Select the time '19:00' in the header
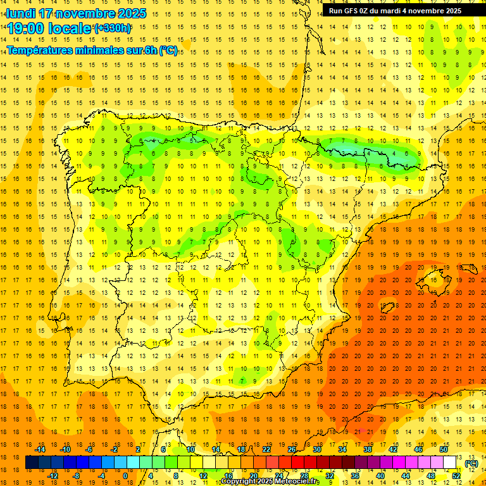click(x=25, y=28)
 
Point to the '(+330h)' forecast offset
click(x=113, y=28)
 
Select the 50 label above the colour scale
click(x=444, y=449)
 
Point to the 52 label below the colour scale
click(x=456, y=476)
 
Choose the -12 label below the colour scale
click(x=53, y=476)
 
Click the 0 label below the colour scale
click(x=125, y=476)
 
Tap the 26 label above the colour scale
click(x=292, y=449)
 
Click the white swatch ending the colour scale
click(x=450, y=463)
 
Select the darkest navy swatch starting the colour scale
click(x=32, y=463)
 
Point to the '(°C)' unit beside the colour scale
click(x=471, y=463)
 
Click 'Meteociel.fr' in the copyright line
click(x=298, y=482)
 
